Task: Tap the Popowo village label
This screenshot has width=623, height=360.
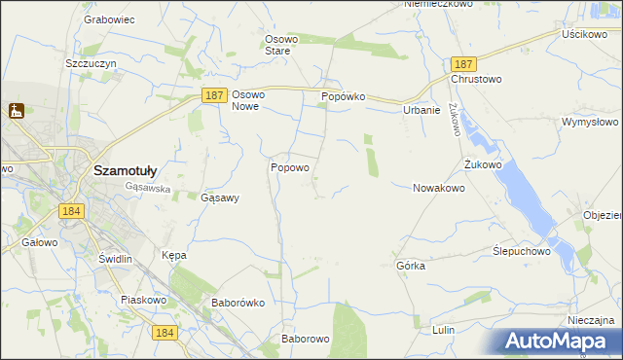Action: pyautogui.click(x=289, y=167)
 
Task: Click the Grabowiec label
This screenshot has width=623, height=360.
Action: pyautogui.click(x=108, y=18)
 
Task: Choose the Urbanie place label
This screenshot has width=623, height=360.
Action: pyautogui.click(x=422, y=110)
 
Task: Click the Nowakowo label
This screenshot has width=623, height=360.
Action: pyautogui.click(x=438, y=188)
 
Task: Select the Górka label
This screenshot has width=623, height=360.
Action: pyautogui.click(x=411, y=266)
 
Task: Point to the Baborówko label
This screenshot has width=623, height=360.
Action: pyautogui.click(x=238, y=303)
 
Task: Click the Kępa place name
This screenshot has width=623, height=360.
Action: pyautogui.click(x=173, y=255)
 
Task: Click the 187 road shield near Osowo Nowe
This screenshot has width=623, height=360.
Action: pyautogui.click(x=215, y=94)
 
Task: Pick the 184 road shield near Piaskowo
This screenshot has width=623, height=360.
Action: pyautogui.click(x=165, y=332)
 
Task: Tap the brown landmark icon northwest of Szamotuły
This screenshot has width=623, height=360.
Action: pyautogui.click(x=16, y=112)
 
